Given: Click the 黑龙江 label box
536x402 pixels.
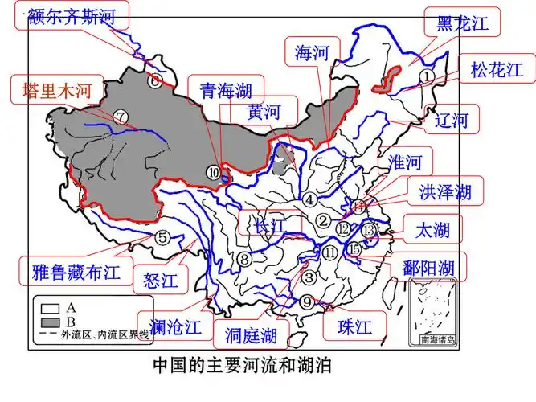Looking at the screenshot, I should coord(461,23).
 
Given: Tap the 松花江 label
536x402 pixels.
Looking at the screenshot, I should coord(503,70).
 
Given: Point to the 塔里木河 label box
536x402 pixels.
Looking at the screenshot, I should coord(50,91).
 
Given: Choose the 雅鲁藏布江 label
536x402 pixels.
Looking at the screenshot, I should coord(72,270).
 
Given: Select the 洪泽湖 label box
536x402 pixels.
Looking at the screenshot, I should coord(444,192).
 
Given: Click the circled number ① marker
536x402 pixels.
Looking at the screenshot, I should coord(428,75).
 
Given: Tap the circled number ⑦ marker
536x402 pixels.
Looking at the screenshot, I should coord(121,117).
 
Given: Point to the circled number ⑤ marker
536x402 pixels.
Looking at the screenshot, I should coord(162,237).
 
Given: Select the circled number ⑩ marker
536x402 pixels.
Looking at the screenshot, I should coord(213,170).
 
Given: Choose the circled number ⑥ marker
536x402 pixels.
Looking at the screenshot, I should coord(153,80).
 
